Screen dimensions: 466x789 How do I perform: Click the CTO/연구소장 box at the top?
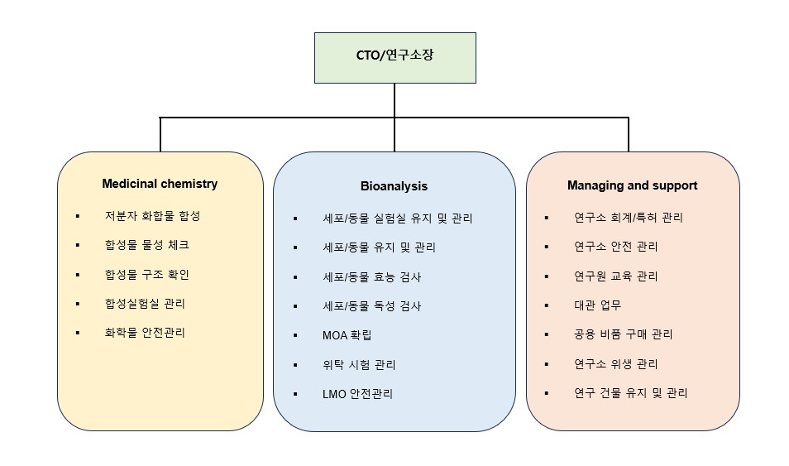click(394, 57)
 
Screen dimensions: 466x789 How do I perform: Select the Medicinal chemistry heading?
click(160, 184)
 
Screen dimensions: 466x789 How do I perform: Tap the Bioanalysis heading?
click(394, 186)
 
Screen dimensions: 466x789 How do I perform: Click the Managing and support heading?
click(632, 185)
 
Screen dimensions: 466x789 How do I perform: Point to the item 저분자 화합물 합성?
click(152, 216)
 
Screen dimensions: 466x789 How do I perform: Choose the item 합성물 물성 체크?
click(146, 245)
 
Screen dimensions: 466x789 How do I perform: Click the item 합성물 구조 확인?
click(146, 275)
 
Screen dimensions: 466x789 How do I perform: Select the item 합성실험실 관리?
click(145, 304)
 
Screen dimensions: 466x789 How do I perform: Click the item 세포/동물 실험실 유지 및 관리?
click(398, 219)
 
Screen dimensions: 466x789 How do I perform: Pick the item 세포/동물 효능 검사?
click(372, 276)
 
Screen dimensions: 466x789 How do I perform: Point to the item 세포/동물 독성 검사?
click(372, 306)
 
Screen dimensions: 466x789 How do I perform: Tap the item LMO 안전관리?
click(358, 394)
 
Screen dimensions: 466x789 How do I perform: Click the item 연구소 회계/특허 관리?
click(629, 218)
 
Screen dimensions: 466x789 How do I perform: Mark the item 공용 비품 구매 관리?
click(623, 334)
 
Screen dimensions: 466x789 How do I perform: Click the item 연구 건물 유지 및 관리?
click(630, 393)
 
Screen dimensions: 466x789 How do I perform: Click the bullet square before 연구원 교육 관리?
click(547, 276)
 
